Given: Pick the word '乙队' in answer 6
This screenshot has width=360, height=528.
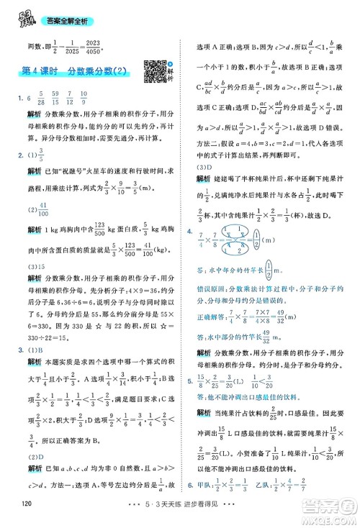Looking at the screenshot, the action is click(295, 504).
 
